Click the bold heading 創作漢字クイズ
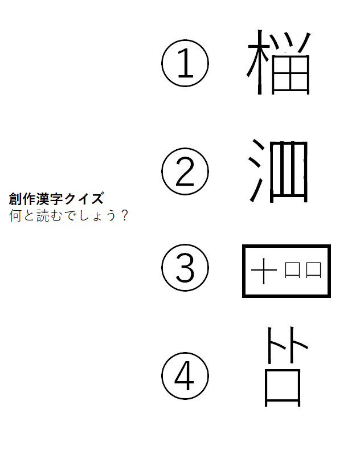point(56,199)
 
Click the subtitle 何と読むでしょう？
point(68,215)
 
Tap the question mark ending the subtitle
point(124,215)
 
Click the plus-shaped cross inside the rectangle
point(264,271)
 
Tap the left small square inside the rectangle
point(292,270)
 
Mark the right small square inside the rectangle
point(313,270)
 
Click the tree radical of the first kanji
point(260,62)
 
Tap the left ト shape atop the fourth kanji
point(269,345)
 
